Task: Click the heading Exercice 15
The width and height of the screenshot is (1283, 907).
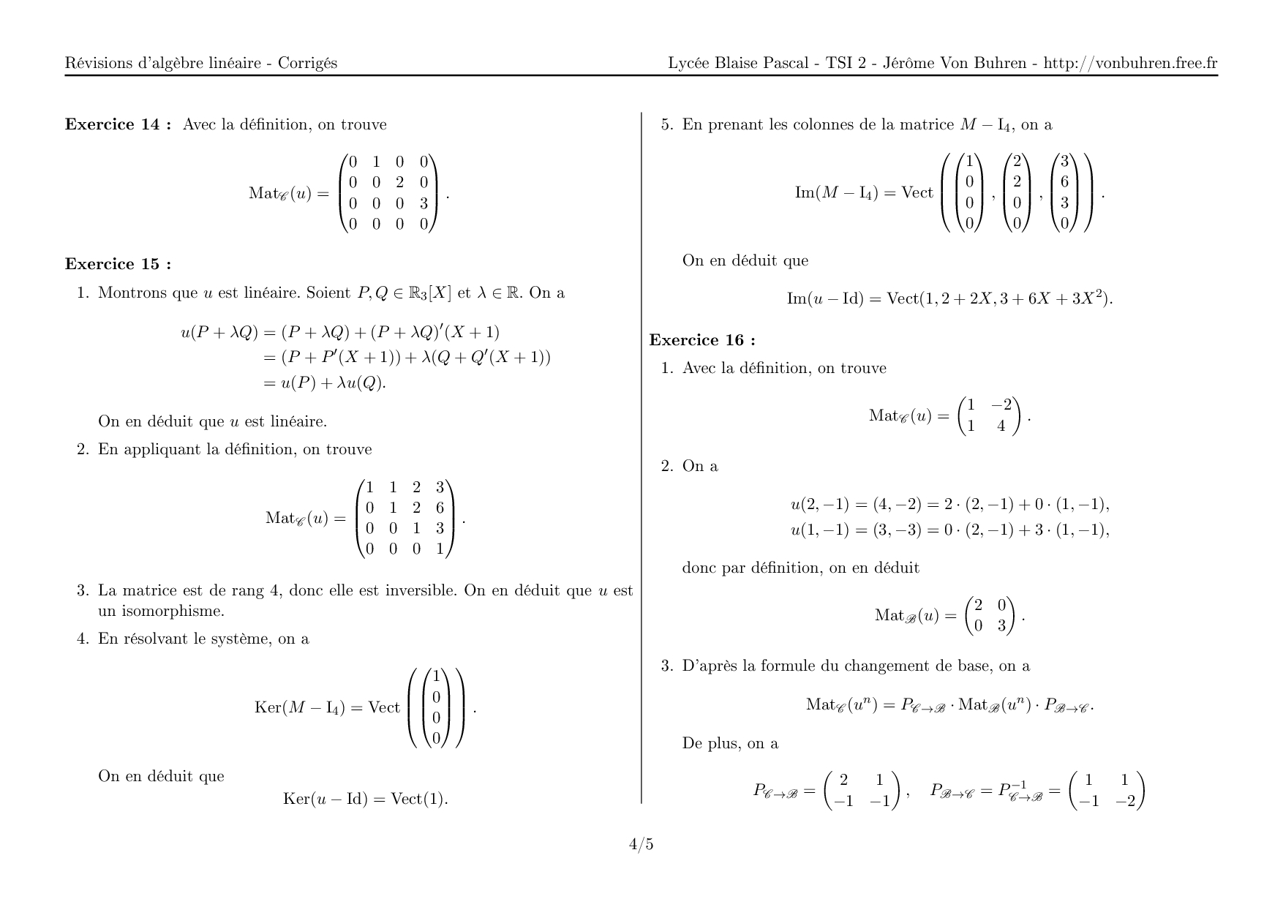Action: (118, 264)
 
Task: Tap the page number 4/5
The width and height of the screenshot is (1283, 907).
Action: (641, 845)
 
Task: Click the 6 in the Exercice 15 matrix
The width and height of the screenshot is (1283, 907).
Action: (440, 508)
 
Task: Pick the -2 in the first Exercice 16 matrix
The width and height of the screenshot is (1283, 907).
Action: (1001, 405)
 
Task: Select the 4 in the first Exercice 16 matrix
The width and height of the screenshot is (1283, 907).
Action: (1001, 426)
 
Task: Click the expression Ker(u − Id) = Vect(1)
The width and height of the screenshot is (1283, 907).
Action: (365, 799)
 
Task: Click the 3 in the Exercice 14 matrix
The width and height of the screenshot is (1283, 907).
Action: (424, 203)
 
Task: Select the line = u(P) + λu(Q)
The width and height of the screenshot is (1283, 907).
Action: (324, 383)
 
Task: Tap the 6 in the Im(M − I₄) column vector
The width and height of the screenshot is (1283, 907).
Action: (1064, 182)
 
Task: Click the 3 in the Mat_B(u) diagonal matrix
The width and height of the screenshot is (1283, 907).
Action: (1001, 626)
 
